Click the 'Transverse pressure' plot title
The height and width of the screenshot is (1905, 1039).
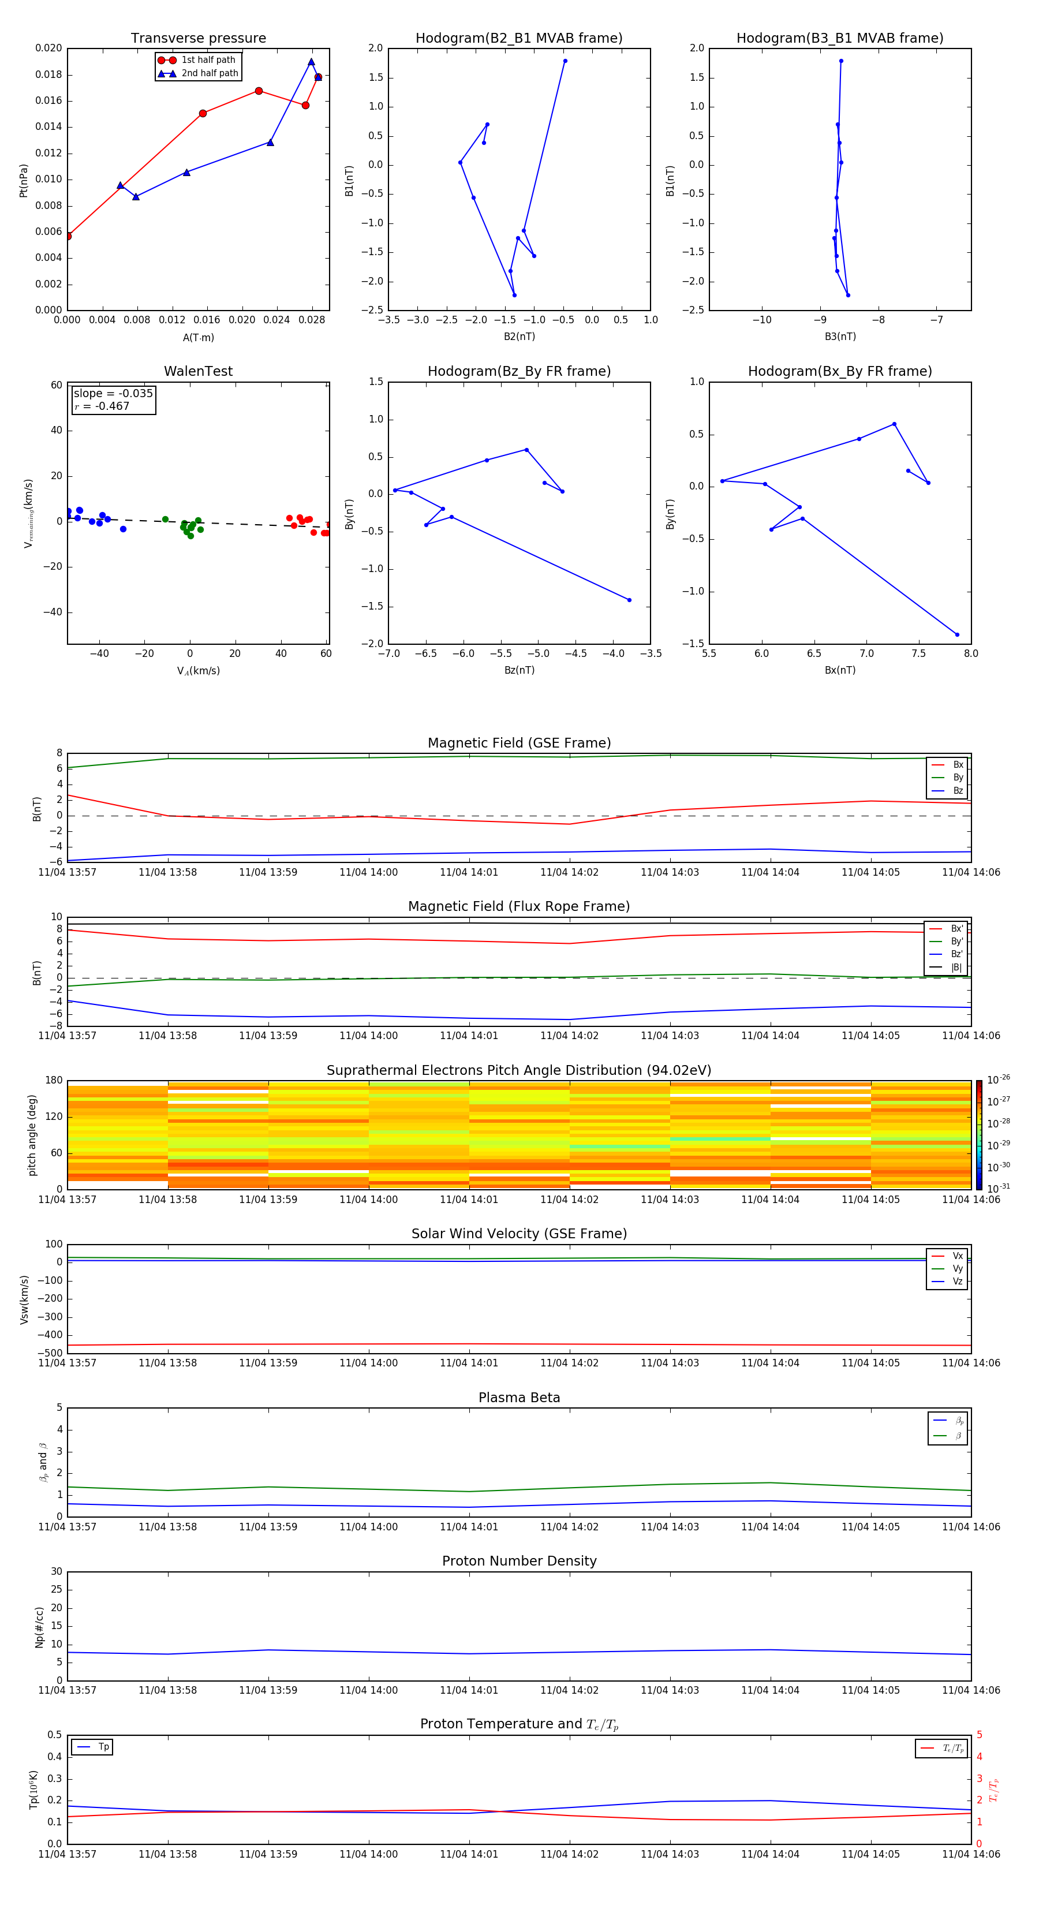pyautogui.click(x=198, y=39)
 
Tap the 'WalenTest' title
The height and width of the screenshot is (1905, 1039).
pyautogui.click(x=198, y=371)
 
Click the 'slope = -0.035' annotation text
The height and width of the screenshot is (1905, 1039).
pyautogui.click(x=113, y=394)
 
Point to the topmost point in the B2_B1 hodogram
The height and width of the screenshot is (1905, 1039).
pyautogui.click(x=565, y=61)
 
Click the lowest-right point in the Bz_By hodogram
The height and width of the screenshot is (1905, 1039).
pyautogui.click(x=629, y=600)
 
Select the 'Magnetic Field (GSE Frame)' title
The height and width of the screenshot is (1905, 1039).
pyautogui.click(x=519, y=743)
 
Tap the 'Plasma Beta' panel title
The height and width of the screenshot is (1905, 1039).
pyautogui.click(x=519, y=1398)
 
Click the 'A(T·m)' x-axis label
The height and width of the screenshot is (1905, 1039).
pyautogui.click(x=198, y=338)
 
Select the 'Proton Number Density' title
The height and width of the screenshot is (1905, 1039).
pyautogui.click(x=519, y=1561)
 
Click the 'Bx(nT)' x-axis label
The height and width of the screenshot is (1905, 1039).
pyautogui.click(x=840, y=670)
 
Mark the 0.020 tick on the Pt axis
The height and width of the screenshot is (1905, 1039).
pyautogui.click(x=49, y=48)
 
